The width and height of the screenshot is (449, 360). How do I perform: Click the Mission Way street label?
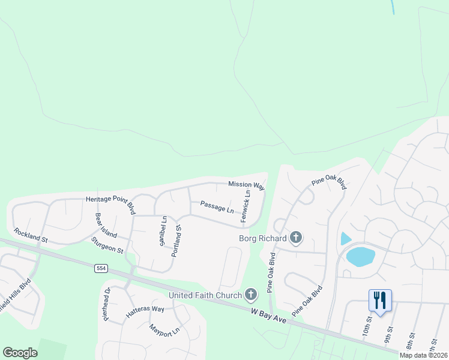pyautogui.click(x=246, y=185)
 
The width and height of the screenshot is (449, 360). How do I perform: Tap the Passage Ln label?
pyautogui.click(x=217, y=207)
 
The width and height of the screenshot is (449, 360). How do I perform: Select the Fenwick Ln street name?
pyautogui.click(x=246, y=207)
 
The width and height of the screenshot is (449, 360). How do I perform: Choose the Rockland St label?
pyautogui.click(x=31, y=235)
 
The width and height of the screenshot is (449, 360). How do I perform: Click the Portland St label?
pyautogui.click(x=176, y=242)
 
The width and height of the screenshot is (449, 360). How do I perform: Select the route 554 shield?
pyautogui.click(x=101, y=268)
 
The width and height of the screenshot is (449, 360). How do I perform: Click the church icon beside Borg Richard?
pyautogui.click(x=295, y=238)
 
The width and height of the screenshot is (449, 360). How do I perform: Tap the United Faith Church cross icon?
pyautogui.click(x=251, y=294)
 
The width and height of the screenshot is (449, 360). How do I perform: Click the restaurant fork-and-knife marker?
pyautogui.click(x=380, y=300)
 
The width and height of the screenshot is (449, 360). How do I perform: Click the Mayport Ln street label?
pyautogui.click(x=164, y=330)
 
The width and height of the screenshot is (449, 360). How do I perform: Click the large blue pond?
pyautogui.click(x=360, y=256)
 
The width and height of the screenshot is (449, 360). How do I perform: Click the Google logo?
pyautogui.click(x=20, y=353)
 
